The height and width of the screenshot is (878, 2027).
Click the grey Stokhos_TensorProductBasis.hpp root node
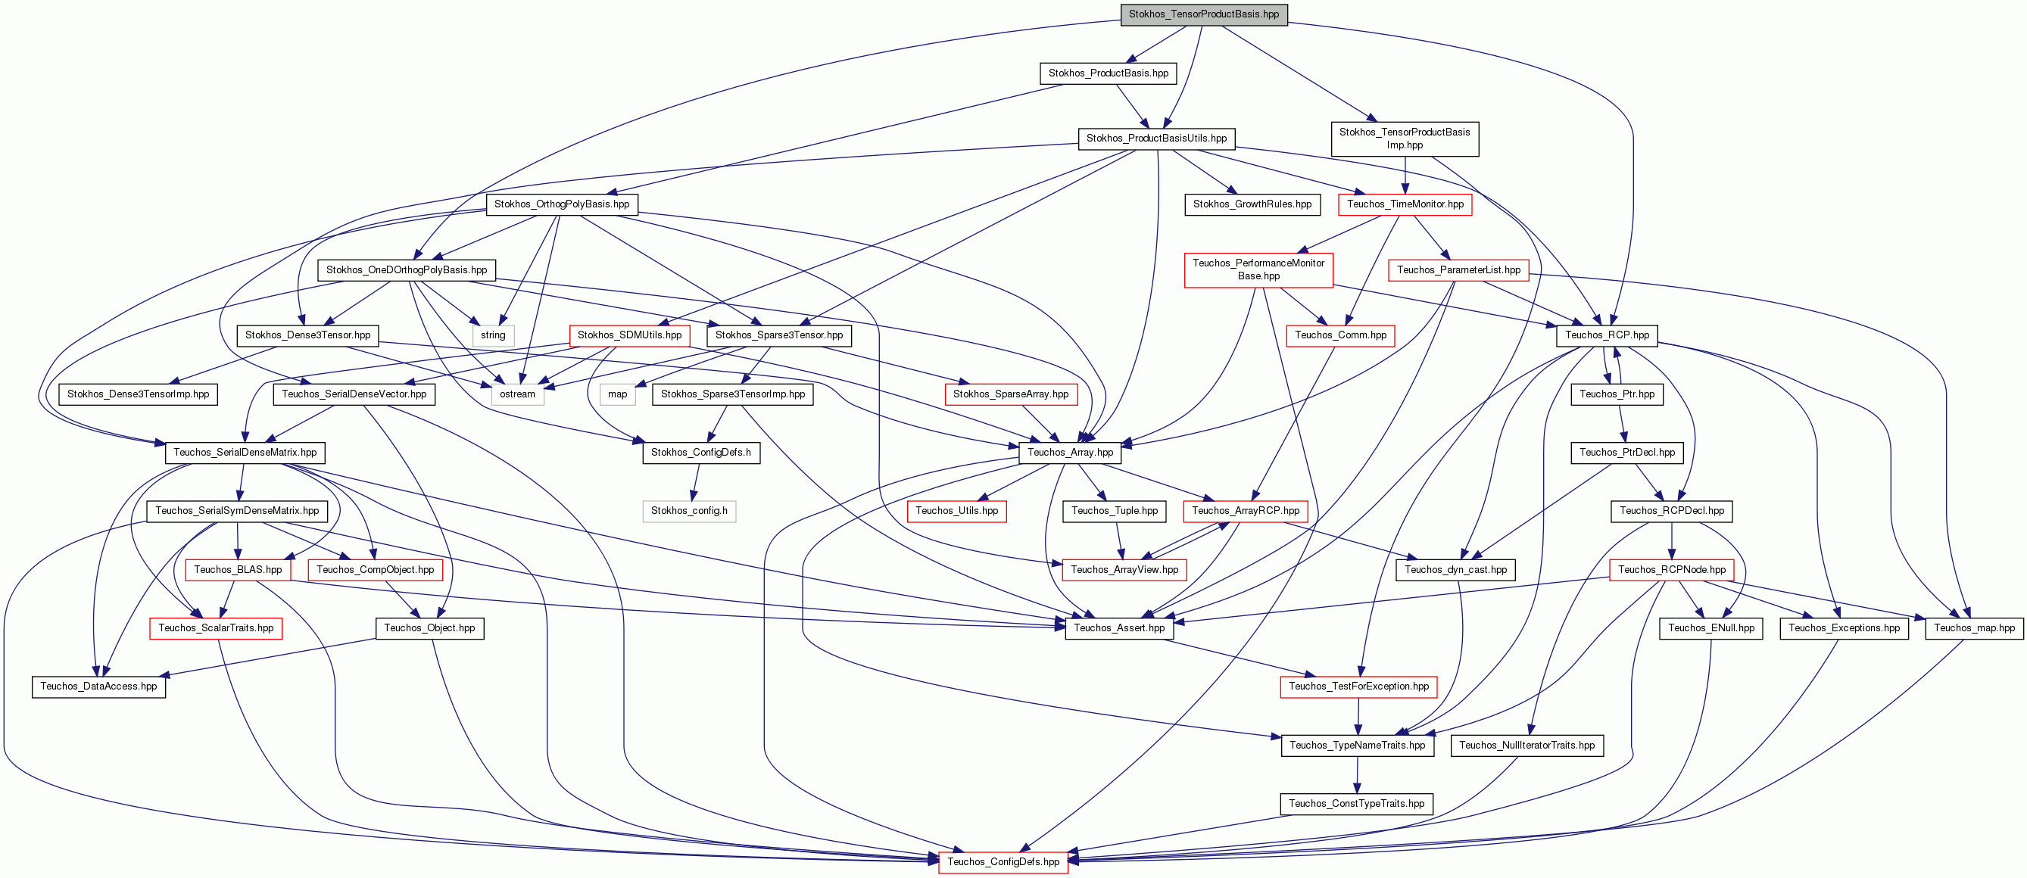(1204, 14)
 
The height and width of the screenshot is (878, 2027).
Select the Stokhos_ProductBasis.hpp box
(1109, 73)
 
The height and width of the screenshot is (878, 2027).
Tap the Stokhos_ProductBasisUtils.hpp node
(1157, 139)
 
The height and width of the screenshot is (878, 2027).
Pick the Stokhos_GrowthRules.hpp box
(1252, 204)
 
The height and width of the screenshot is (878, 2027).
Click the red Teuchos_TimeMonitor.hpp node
(1405, 204)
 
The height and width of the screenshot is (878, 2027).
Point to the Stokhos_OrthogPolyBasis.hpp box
(562, 204)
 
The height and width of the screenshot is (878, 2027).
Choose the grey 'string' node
(494, 335)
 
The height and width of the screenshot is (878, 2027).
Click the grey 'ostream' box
(518, 394)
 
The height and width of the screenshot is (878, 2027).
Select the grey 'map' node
(618, 394)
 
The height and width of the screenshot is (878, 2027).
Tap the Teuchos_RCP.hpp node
(1608, 335)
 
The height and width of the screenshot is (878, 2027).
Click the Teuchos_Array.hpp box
(1070, 453)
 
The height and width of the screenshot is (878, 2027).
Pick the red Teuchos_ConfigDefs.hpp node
(1003, 861)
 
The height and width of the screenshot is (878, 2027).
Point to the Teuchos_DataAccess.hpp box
(98, 686)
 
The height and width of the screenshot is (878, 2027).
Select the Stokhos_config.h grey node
(689, 512)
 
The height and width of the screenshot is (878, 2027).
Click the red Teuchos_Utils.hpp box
(957, 512)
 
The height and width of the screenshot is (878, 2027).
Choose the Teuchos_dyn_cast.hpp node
(1456, 570)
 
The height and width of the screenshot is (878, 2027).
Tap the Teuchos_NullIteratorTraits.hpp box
(1527, 745)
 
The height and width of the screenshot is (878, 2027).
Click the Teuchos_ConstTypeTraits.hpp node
(1357, 803)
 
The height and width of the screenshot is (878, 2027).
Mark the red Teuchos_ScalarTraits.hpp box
(217, 627)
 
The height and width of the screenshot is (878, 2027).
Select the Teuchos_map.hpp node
(1974, 627)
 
